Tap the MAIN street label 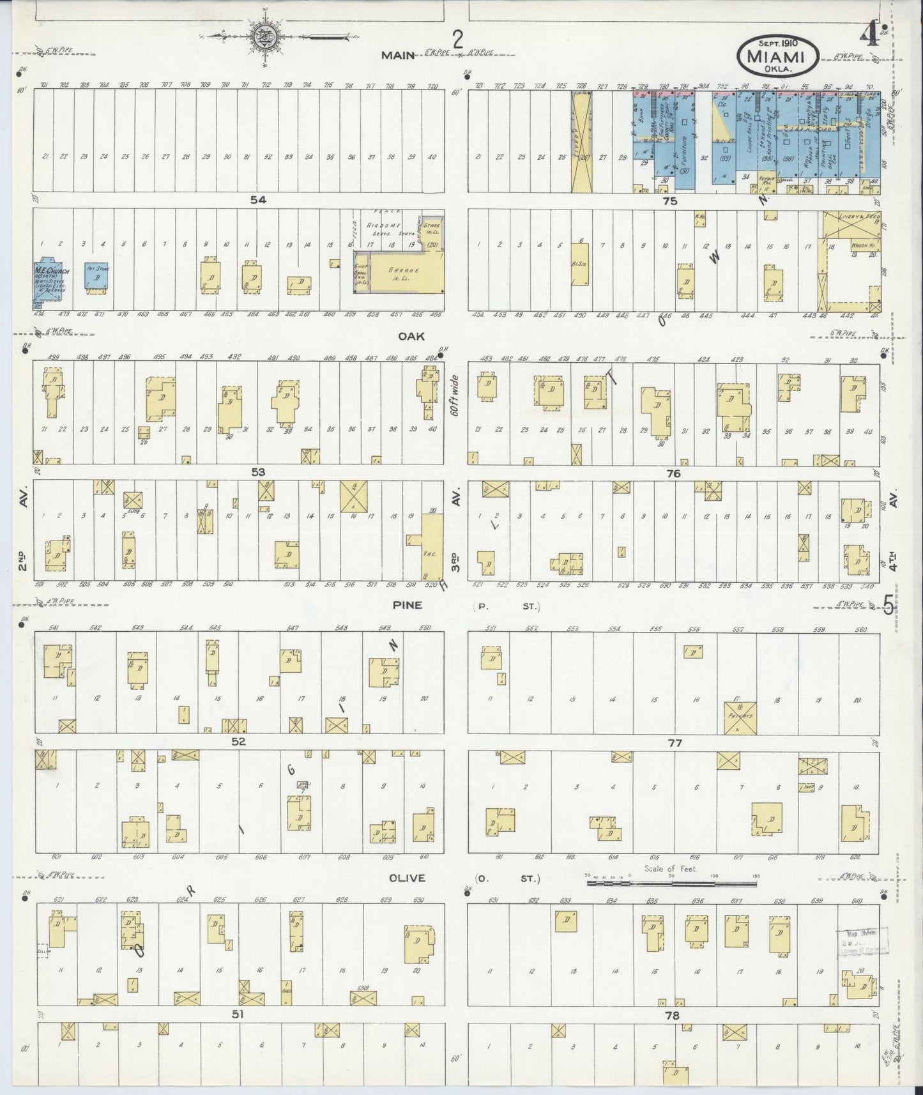pyautogui.click(x=399, y=55)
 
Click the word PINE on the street pyautogui.click(x=407, y=605)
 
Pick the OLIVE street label pyautogui.click(x=408, y=878)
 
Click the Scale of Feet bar pyautogui.click(x=672, y=884)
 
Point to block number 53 pyautogui.click(x=258, y=472)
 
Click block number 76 pyautogui.click(x=673, y=473)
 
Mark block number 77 pyautogui.click(x=675, y=742)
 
